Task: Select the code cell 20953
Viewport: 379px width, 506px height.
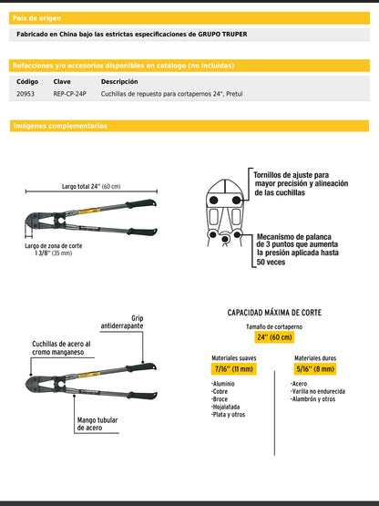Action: click(26, 93)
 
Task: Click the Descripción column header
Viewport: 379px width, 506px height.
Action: click(118, 81)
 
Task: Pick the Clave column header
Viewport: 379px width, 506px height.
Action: click(61, 81)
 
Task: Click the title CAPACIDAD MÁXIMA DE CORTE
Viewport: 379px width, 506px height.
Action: click(274, 313)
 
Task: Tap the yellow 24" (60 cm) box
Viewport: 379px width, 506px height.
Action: click(274, 337)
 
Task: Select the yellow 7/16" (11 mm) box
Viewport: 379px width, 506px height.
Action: click(233, 368)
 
